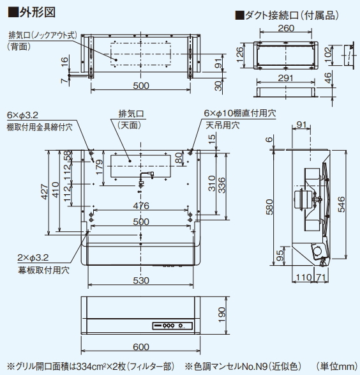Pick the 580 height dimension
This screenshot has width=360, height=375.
(270, 208)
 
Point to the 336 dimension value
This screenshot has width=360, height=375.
(221, 185)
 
